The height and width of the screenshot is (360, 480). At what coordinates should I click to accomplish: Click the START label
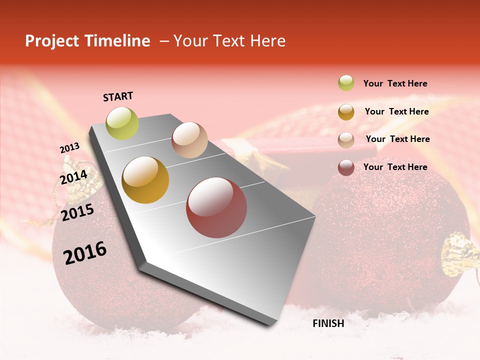[118, 96]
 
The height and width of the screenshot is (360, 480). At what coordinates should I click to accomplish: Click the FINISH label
[328, 323]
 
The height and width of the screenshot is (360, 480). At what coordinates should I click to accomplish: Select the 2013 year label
[69, 148]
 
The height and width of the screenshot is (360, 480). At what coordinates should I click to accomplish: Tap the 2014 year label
[73, 177]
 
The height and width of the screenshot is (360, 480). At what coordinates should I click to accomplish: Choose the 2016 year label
[84, 253]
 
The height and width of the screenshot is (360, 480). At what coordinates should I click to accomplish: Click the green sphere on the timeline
[122, 123]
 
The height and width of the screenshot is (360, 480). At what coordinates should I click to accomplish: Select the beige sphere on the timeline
[189, 139]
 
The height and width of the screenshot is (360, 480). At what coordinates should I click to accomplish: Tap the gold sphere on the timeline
[145, 180]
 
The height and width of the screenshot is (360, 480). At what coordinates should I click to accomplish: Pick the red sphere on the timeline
[216, 207]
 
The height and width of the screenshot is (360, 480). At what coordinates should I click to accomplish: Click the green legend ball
[346, 83]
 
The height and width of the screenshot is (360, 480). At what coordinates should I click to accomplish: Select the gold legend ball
[346, 112]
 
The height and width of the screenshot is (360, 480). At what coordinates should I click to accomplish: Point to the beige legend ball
[346, 139]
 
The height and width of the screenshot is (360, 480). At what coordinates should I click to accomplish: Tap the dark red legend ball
[346, 167]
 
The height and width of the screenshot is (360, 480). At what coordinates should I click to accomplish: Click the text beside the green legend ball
[395, 84]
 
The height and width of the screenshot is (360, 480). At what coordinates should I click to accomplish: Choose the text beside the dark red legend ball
[395, 167]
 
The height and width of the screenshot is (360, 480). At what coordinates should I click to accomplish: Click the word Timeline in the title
[117, 41]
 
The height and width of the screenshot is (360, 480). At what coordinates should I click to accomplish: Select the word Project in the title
[51, 41]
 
